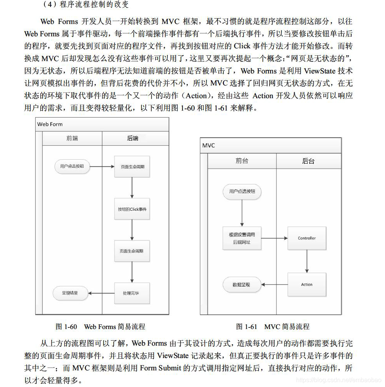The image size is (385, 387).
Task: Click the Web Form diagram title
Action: coord(50,124)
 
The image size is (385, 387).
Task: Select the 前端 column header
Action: coord(72,138)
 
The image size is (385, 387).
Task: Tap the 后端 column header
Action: coord(133,138)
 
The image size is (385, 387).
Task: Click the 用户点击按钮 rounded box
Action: coord(72,166)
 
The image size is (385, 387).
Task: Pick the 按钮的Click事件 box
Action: coord(132,209)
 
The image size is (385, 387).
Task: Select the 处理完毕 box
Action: coord(132,293)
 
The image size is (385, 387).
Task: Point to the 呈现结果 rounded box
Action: coord(70,293)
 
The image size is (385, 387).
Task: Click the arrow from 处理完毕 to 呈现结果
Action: coord(101,293)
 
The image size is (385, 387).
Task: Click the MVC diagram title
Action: coord(209,146)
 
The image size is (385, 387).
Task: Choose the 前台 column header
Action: coord(242,161)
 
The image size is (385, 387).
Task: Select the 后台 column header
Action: coord(308,161)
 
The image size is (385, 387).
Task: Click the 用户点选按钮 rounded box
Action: coord(242,191)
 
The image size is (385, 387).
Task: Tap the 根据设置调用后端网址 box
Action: coord(242,238)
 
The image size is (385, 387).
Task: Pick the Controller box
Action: coord(307,238)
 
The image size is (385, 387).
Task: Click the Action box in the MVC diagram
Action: coord(307,285)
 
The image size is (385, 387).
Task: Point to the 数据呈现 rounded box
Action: coord(242,285)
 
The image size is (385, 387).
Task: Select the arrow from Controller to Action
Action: coord(307,261)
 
